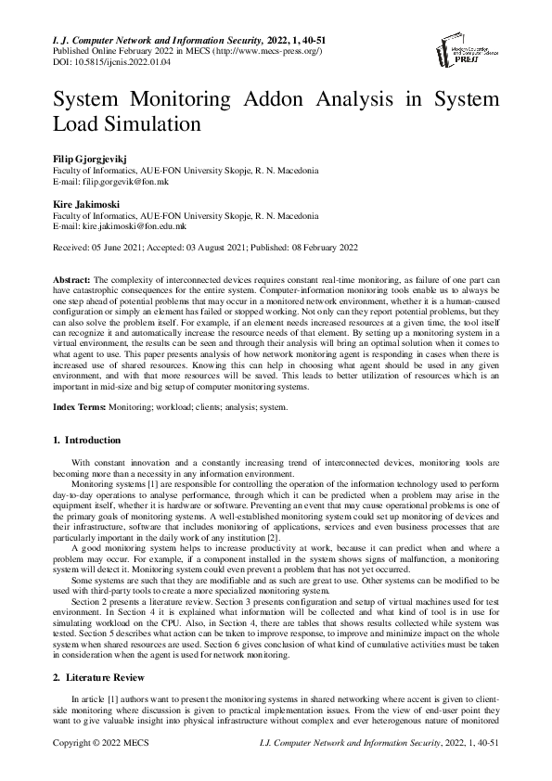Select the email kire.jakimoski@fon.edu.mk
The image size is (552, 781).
(134, 224)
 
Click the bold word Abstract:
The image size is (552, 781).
(71, 279)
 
